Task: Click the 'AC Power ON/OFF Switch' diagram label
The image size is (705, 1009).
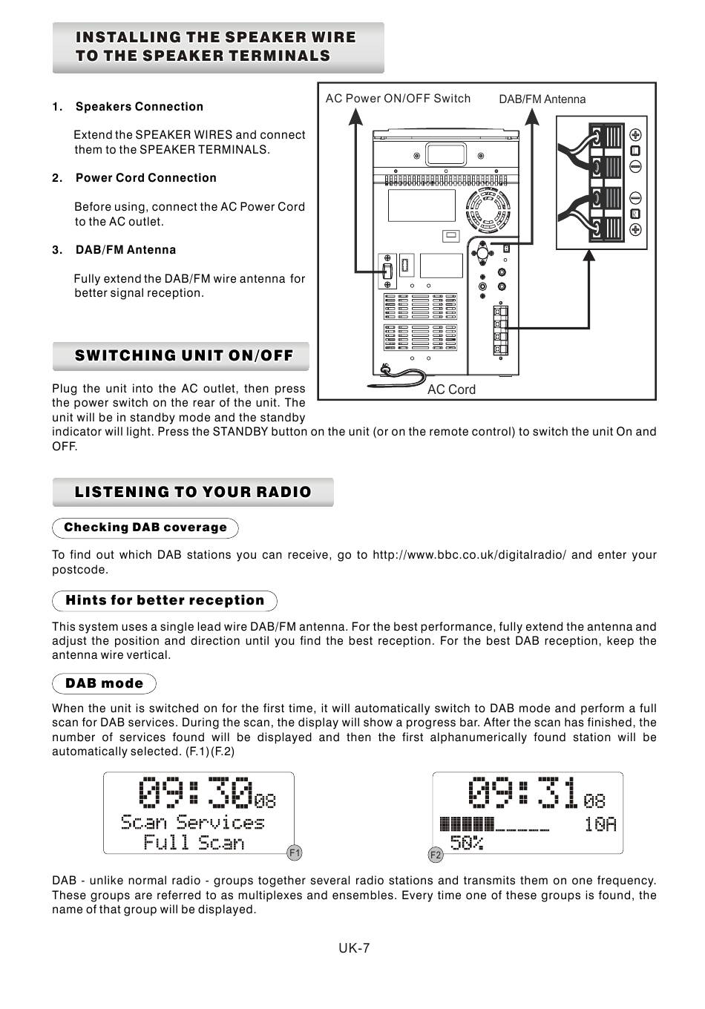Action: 398,99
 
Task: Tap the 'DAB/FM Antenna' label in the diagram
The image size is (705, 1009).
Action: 542,99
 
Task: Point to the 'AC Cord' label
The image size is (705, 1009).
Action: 451,390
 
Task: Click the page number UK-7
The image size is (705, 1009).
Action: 355,948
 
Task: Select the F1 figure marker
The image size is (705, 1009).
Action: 295,853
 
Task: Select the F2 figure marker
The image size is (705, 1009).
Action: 436,855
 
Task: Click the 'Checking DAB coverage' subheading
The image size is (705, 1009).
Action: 145,527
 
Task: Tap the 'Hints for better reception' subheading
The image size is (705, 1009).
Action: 165,600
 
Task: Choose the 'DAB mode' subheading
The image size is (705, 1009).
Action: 105,683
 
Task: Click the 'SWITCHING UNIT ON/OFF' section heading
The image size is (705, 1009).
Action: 183,355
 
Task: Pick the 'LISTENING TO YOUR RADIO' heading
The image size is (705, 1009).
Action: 193,492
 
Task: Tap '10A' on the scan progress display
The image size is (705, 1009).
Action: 600,824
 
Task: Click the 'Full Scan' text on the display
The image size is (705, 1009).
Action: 194,843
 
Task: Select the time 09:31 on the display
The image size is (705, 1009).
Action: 522,794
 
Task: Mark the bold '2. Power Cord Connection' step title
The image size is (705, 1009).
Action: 145,178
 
